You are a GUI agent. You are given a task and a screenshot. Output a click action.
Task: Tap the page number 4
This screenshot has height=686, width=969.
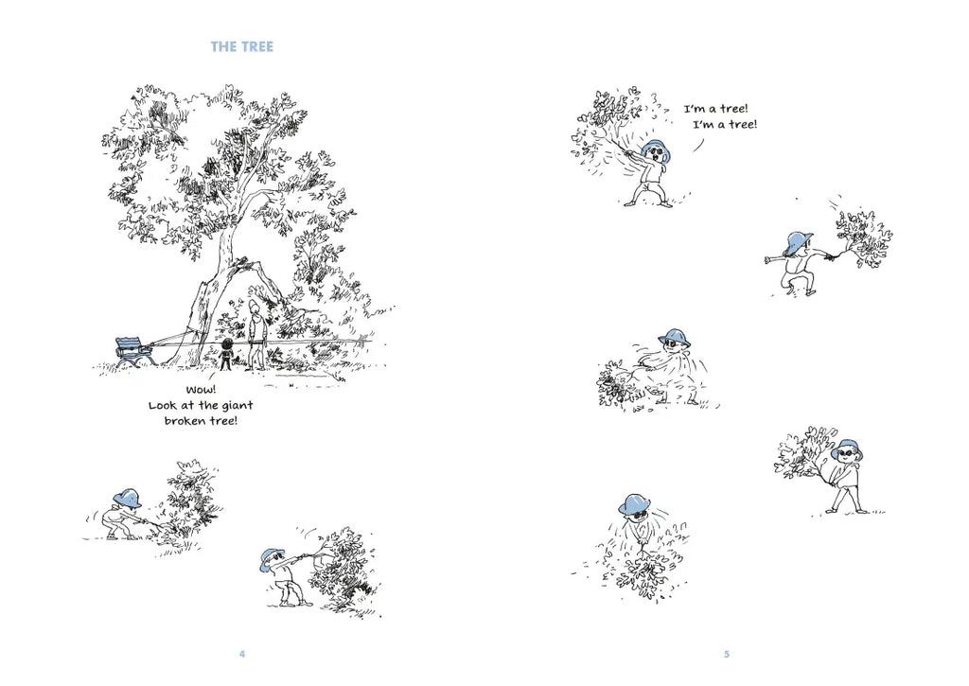[242, 654]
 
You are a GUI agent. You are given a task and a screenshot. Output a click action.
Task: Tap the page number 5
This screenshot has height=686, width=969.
[727, 654]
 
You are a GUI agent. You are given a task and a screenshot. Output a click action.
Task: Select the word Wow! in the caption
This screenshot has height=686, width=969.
[201, 390]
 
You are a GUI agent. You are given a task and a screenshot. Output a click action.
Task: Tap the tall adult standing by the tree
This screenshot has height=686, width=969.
[255, 335]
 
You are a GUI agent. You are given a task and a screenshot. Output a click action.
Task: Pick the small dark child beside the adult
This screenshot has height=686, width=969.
[227, 355]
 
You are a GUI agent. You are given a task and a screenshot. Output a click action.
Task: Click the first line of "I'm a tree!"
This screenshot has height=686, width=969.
[715, 109]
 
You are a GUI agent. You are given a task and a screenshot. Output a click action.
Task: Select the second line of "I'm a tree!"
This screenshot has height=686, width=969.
[725, 125]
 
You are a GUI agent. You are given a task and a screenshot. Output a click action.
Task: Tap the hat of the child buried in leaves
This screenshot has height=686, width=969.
[638, 503]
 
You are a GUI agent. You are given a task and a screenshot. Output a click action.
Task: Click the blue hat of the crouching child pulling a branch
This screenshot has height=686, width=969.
[128, 498]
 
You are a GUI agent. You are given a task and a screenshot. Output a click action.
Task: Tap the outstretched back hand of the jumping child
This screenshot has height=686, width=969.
[769, 259]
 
